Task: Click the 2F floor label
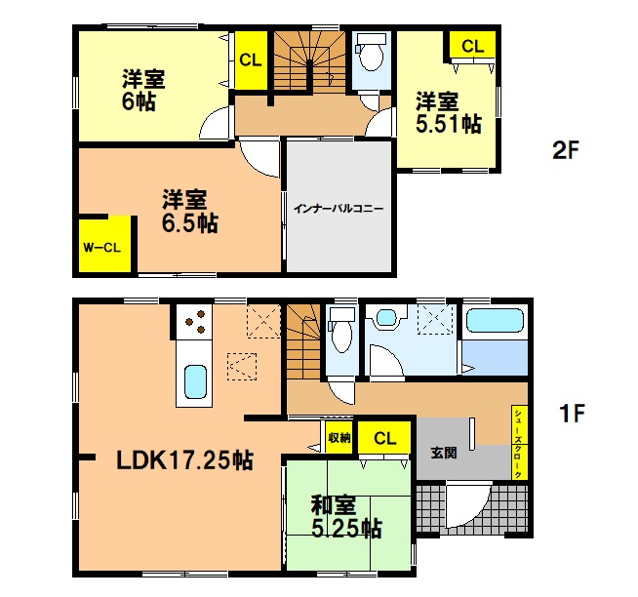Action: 565,150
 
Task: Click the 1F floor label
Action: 572,413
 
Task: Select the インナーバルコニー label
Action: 339,209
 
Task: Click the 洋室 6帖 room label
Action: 143,91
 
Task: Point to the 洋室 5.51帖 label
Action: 449,113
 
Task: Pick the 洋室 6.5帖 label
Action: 190,212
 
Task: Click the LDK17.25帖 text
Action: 185,460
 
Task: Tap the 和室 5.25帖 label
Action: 346,516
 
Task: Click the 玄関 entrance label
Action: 444,453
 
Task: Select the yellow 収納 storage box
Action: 339,437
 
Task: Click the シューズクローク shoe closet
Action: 519,442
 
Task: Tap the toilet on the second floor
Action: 371,52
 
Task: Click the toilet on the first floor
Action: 341,330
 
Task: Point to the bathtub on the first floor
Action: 495,321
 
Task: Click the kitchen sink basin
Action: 195,381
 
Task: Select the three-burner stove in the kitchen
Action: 194,321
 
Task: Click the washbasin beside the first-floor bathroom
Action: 386,316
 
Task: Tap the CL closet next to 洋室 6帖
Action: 251,60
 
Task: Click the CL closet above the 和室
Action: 384,437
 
